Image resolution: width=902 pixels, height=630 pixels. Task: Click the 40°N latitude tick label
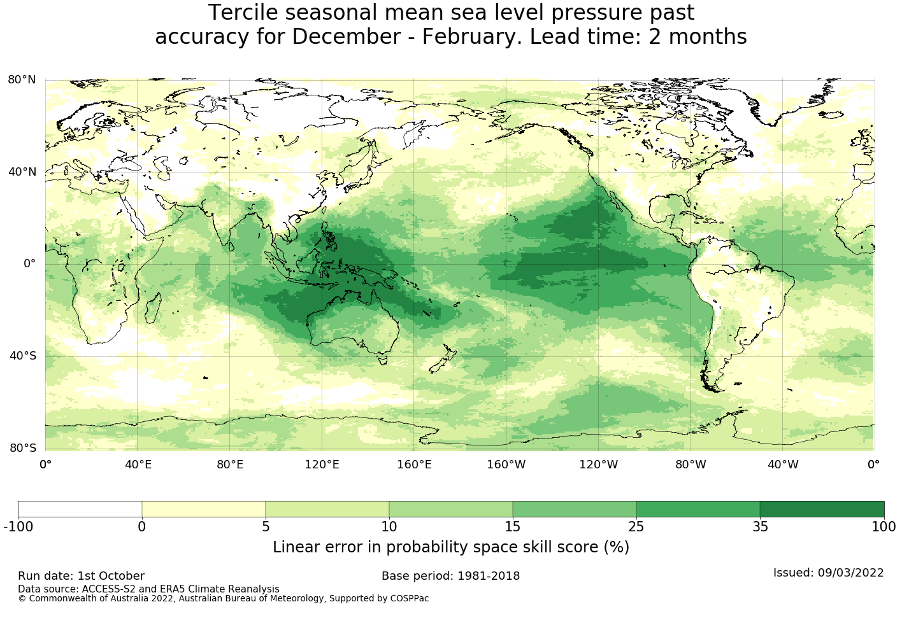(x=22, y=171)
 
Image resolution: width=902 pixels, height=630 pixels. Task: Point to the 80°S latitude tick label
(x=22, y=448)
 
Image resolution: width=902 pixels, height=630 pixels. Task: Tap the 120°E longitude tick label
(x=322, y=465)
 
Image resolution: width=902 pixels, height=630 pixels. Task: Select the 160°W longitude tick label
(x=506, y=465)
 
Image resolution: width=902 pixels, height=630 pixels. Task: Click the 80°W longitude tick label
(x=691, y=465)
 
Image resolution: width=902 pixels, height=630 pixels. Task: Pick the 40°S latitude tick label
(x=22, y=356)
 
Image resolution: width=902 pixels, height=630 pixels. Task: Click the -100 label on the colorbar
(x=18, y=527)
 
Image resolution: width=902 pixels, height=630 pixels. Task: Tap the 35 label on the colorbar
(x=760, y=527)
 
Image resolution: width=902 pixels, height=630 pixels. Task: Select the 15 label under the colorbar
(x=513, y=527)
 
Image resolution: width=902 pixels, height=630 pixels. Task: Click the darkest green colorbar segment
(x=822, y=509)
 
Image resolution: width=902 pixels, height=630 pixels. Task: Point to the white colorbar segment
(x=80, y=509)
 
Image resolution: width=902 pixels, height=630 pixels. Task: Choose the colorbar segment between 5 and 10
(x=327, y=509)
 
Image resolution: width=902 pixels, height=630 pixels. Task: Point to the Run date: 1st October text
(x=81, y=576)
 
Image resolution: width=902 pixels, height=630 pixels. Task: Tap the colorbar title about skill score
(x=450, y=547)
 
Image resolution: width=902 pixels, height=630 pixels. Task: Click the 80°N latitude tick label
(x=22, y=80)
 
